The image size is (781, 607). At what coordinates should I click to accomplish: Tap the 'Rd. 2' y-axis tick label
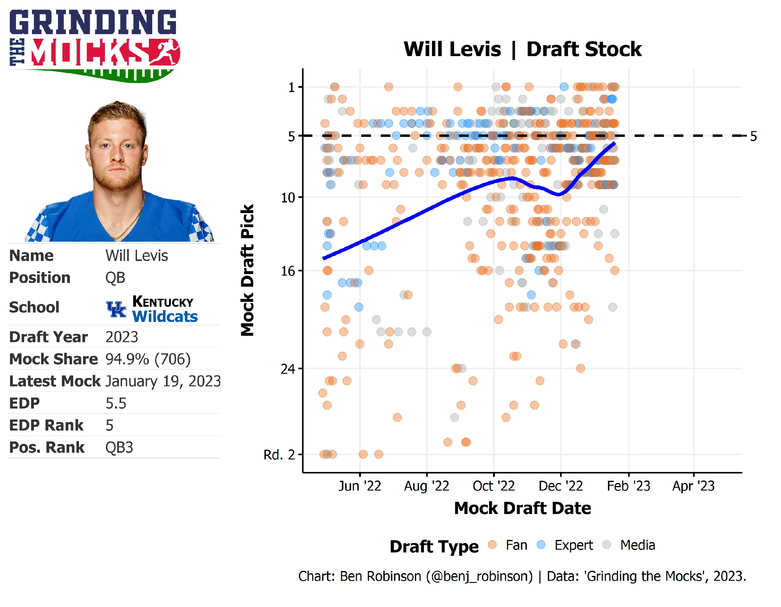(279, 455)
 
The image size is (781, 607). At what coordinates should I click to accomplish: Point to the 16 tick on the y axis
(288, 271)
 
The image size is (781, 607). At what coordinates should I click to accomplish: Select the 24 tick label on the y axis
(288, 369)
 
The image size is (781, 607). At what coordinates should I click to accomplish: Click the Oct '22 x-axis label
(494, 486)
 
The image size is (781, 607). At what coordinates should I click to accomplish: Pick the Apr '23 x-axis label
(693, 486)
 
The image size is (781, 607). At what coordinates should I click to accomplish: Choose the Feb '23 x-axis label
(628, 486)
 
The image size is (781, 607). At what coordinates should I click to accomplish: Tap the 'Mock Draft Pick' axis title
(247, 270)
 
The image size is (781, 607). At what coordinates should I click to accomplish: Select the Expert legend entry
(573, 545)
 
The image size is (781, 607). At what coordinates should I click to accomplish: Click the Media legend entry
(637, 545)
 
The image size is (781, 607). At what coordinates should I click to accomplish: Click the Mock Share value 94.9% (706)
(148, 359)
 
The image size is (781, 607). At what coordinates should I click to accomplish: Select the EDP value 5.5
(116, 403)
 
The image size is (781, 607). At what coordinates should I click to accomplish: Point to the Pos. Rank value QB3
(119, 448)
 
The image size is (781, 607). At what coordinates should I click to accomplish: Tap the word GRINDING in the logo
(93, 22)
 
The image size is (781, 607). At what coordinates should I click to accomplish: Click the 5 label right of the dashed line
(754, 137)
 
